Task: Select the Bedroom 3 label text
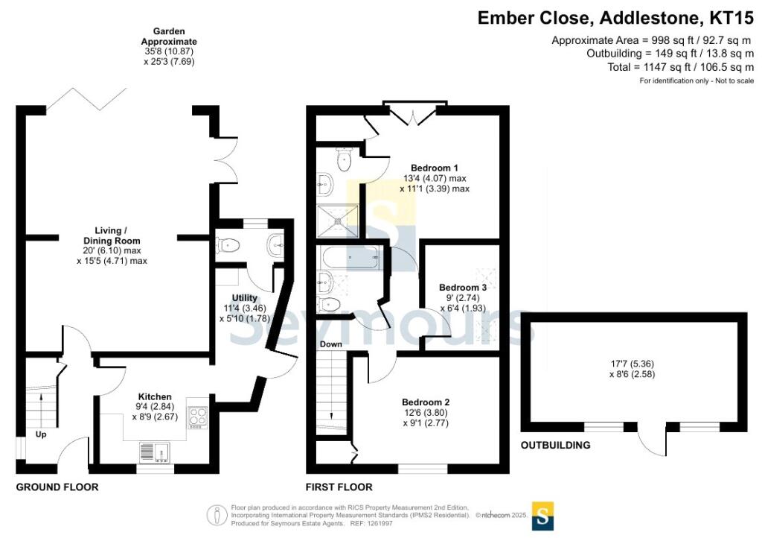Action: [x=463, y=288]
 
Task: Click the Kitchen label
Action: [x=156, y=396]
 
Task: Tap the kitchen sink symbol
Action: [x=155, y=451]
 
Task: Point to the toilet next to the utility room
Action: [x=227, y=244]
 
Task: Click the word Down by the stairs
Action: [x=330, y=344]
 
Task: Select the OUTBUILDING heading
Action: [x=555, y=446]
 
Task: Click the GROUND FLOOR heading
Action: [x=57, y=487]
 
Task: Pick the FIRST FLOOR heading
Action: [x=339, y=487]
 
